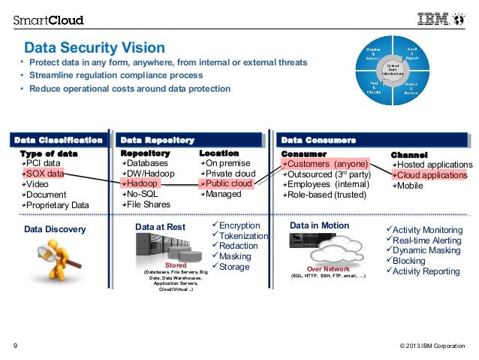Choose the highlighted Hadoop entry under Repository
point(142,183)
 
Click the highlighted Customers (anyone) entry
point(326,163)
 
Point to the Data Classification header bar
point(59,140)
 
